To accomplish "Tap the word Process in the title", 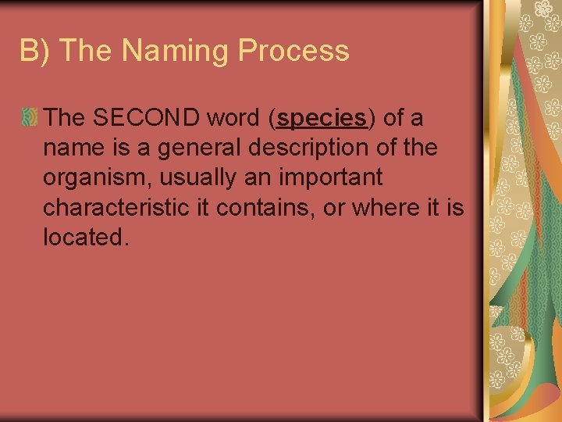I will pos(293,52).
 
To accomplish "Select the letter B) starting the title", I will pos(36,52).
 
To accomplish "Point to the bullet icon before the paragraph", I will pos(30,118).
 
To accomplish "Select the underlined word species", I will pos(322,118).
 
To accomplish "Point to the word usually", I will pos(195,177).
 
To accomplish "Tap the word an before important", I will pos(262,177).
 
